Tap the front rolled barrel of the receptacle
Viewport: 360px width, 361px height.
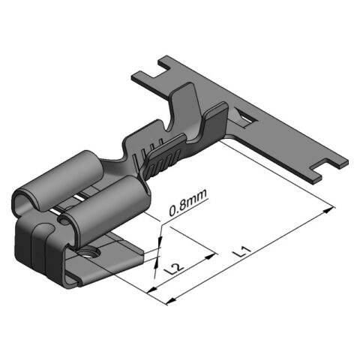click(x=105, y=201)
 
